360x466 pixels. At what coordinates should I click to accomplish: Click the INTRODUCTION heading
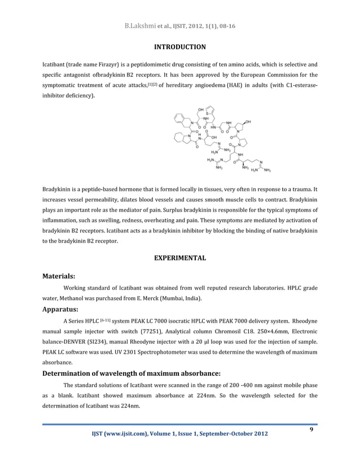tap(180, 46)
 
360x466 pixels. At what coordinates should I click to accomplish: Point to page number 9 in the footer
tap(311, 430)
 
